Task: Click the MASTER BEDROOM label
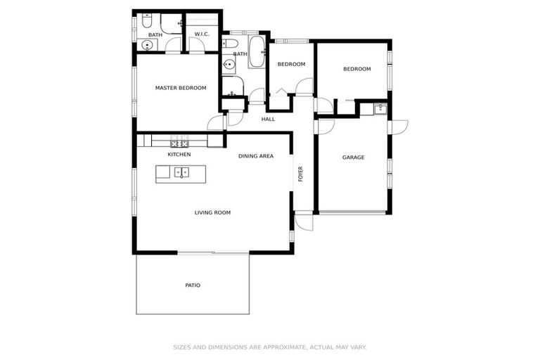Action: click(181, 88)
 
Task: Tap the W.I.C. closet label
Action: click(202, 34)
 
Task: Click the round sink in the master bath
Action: click(146, 46)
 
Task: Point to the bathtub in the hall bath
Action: click(256, 53)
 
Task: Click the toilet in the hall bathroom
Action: click(231, 44)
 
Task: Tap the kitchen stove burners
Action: click(179, 141)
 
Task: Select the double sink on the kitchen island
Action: click(181, 172)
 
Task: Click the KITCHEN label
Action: click(179, 154)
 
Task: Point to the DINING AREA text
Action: click(255, 156)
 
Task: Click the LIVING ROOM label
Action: click(212, 212)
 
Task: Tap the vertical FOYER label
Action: click(300, 174)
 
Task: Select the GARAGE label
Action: click(353, 157)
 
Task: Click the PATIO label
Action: click(193, 285)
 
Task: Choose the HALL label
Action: click(268, 120)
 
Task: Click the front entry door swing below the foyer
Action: click(304, 221)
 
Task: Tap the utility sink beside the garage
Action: click(380, 109)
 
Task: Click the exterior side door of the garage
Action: click(399, 127)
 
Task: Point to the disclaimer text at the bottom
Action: click(270, 347)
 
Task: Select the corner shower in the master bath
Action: click(172, 22)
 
